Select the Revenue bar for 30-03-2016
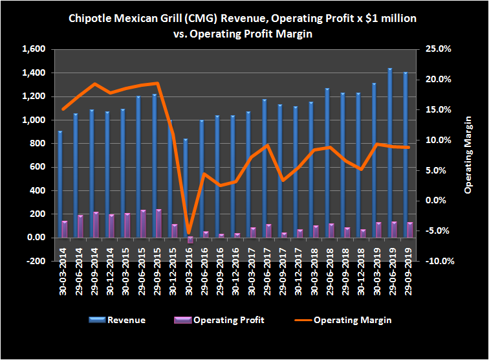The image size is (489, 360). click(186, 188)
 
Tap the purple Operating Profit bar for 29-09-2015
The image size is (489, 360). click(158, 223)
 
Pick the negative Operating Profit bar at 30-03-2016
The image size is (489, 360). click(191, 240)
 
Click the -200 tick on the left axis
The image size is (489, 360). click(36, 261)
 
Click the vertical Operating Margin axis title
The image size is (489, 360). click(469, 155)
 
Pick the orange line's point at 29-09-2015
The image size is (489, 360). click(157, 83)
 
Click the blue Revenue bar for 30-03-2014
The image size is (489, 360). click(60, 185)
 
